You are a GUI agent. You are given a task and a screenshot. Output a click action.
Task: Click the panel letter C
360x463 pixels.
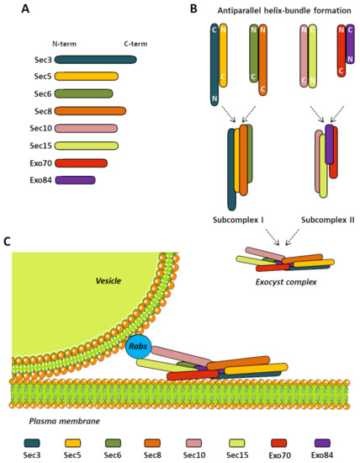tap(8, 242)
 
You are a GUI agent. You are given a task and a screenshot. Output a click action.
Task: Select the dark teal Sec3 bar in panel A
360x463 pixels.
tap(95, 60)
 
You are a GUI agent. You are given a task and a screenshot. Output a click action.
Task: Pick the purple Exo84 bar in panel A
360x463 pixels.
tap(75, 178)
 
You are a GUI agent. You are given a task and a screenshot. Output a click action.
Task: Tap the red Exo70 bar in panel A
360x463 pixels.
tap(81, 162)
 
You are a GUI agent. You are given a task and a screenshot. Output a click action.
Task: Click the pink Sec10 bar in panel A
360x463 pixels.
tap(86, 128)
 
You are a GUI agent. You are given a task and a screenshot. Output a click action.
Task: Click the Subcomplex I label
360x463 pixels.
tap(239, 219)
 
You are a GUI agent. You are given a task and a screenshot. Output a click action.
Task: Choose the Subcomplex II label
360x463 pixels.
tap(327, 219)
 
